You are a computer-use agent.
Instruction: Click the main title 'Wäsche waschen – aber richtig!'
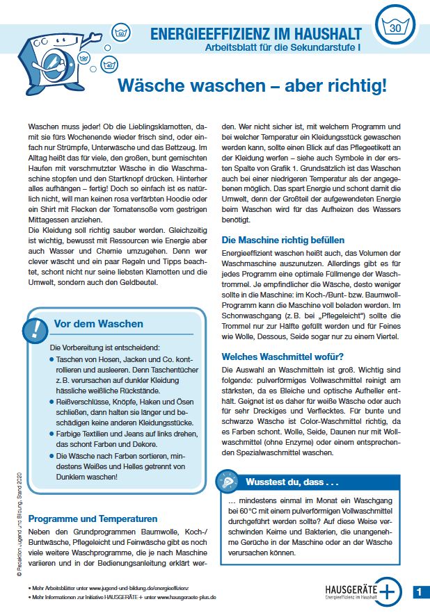tap(251, 85)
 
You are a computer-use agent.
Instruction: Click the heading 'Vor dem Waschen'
tap(98, 324)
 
